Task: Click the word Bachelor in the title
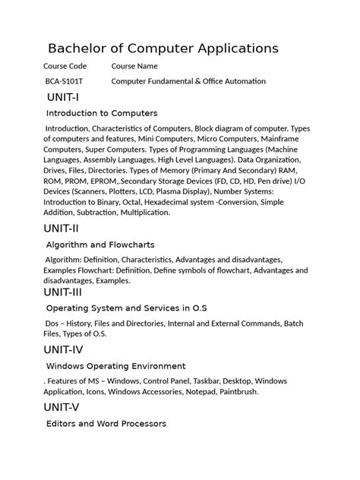coord(80,49)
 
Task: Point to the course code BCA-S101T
coord(65,81)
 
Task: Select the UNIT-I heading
coord(63,97)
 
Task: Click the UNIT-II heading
coord(65,229)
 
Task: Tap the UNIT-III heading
coord(66,292)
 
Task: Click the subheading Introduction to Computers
coord(102,113)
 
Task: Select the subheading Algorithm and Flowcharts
coord(100,245)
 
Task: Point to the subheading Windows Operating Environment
coord(116,365)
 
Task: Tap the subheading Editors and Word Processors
coord(106,423)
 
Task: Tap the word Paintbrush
coord(235,392)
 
